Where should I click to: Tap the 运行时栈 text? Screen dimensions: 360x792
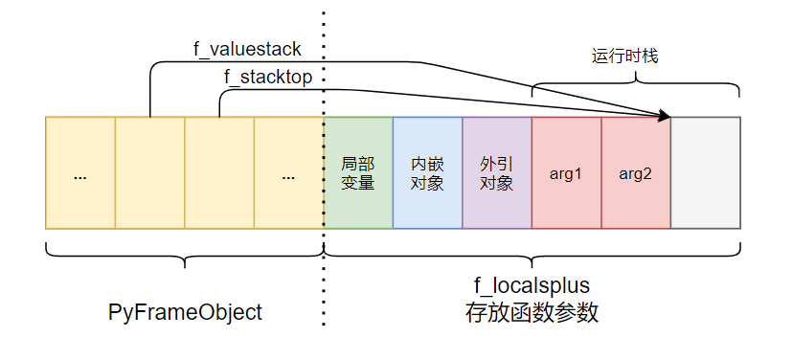point(623,56)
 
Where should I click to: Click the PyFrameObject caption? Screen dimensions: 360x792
point(185,312)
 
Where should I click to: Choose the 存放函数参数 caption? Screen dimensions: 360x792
point(532,313)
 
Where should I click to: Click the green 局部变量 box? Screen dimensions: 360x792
point(358,173)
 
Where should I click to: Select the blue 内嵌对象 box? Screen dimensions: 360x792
point(427,173)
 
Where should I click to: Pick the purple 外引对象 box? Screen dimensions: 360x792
point(496,173)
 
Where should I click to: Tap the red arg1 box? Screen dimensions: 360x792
point(566,173)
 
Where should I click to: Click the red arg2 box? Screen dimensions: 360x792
point(635,173)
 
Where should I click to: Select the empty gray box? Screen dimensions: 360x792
point(705,173)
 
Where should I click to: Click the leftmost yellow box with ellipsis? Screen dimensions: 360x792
point(80,173)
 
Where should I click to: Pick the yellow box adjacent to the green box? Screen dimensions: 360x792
point(288,173)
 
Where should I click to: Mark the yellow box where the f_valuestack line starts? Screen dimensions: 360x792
point(149,173)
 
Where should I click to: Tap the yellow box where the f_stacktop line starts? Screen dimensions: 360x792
point(219,173)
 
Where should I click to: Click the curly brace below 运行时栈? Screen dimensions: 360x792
point(636,88)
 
